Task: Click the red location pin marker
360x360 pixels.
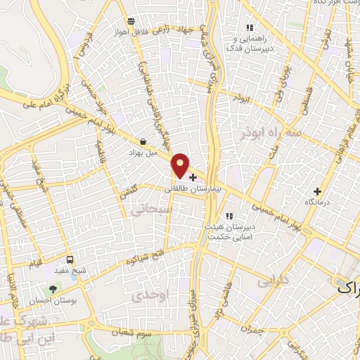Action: (181, 165)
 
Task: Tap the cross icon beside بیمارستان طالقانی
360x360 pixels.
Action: (193, 178)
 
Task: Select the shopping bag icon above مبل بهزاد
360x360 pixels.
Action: (143, 141)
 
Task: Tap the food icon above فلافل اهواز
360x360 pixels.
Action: (131, 21)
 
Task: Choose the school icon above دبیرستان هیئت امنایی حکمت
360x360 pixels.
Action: (228, 217)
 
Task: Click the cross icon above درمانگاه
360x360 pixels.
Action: (317, 191)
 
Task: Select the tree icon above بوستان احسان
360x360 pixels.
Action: (53, 288)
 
